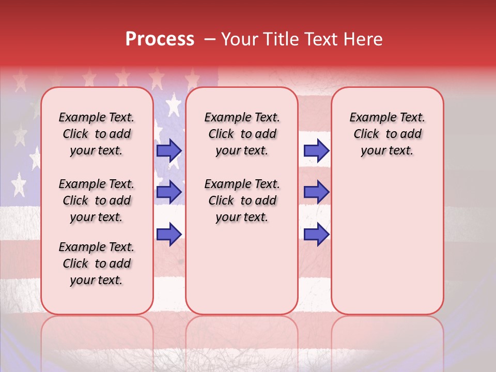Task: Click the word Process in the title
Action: pyautogui.click(x=160, y=39)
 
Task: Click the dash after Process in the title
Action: pyautogui.click(x=209, y=40)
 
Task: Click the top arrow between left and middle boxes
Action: pyautogui.click(x=169, y=150)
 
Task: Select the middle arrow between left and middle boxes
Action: pyautogui.click(x=169, y=192)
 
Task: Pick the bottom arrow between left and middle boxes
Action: pyautogui.click(x=169, y=234)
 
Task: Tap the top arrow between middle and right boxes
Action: pyautogui.click(x=316, y=150)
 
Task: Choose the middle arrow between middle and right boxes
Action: pyautogui.click(x=316, y=192)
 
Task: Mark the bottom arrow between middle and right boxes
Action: pyautogui.click(x=316, y=234)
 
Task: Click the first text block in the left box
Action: pyautogui.click(x=97, y=134)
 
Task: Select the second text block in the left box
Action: pyautogui.click(x=97, y=200)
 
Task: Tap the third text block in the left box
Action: pyautogui.click(x=97, y=263)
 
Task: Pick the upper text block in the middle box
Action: pyautogui.click(x=242, y=134)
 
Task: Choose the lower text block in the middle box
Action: pyautogui.click(x=242, y=200)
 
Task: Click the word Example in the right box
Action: pyautogui.click(x=369, y=118)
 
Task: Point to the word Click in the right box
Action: pyautogui.click(x=366, y=134)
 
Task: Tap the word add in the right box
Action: pyautogui.click(x=411, y=134)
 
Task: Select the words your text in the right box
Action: pyautogui.click(x=387, y=151)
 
